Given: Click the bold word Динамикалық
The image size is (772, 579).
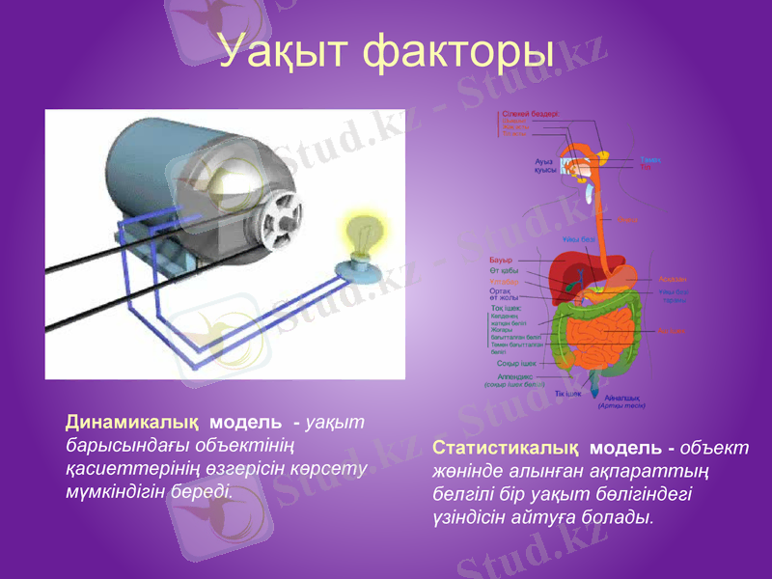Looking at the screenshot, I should (x=131, y=423).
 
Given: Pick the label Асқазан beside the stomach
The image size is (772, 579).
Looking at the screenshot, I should (x=673, y=280).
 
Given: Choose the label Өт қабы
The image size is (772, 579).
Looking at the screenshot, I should (x=504, y=271).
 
